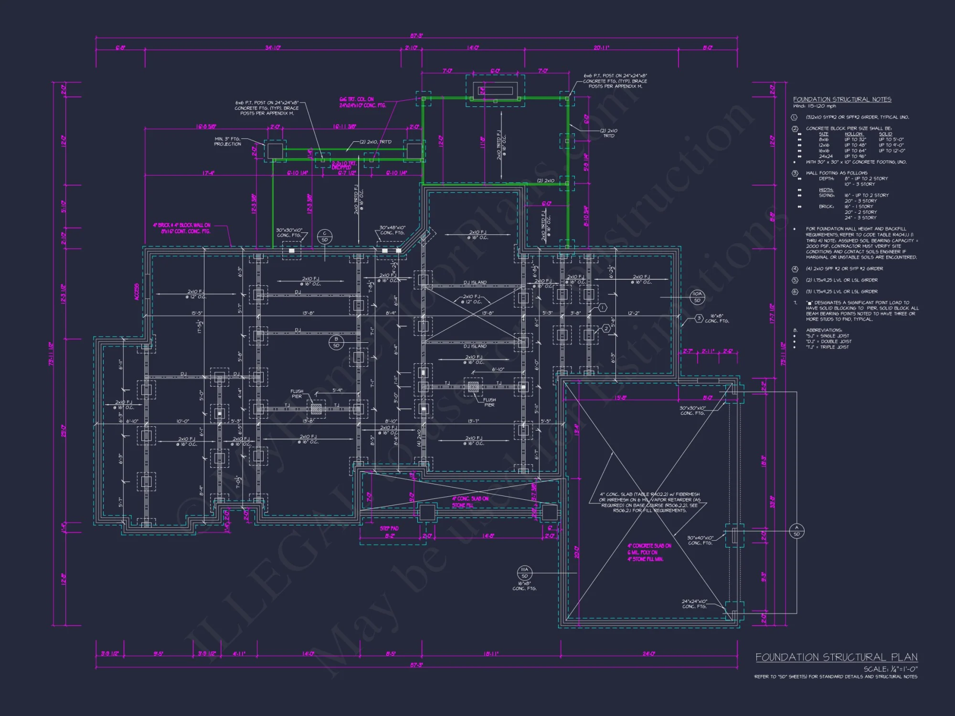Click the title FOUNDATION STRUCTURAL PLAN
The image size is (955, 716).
click(x=836, y=657)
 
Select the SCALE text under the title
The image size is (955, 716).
click(x=890, y=669)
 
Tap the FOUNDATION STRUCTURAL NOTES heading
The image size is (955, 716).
click(x=842, y=99)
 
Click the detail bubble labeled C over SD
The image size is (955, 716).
click(x=325, y=236)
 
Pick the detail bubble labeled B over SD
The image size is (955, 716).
click(x=336, y=342)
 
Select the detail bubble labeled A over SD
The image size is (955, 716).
click(x=796, y=530)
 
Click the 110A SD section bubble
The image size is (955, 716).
click(x=697, y=296)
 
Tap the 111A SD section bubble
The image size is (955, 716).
click(x=524, y=572)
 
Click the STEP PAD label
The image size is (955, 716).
click(x=389, y=528)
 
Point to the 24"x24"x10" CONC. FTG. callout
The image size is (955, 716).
click(x=694, y=604)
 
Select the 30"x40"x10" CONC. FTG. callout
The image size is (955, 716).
click(x=700, y=540)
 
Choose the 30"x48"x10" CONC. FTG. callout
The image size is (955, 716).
click(x=392, y=230)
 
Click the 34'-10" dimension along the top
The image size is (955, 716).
click(x=273, y=48)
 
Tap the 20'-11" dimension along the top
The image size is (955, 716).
click(x=601, y=48)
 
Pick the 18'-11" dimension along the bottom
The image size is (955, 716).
click(x=490, y=653)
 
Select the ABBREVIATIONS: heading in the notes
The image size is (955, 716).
click(x=824, y=330)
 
